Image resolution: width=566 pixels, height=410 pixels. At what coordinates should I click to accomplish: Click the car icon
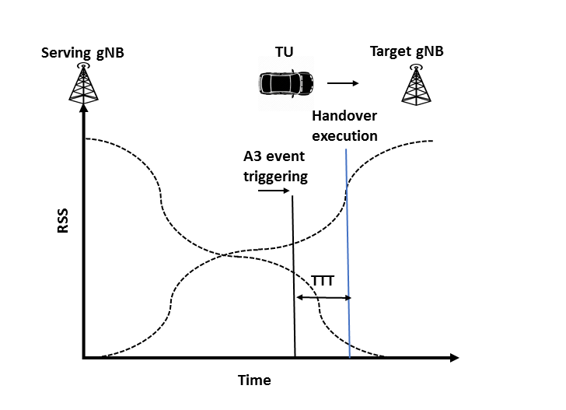click(x=286, y=82)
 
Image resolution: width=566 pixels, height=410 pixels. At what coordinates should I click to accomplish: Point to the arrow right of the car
click(x=342, y=82)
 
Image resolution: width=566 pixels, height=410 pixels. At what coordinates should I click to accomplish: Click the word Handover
click(x=344, y=116)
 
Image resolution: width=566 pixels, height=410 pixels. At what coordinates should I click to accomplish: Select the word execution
click(x=344, y=135)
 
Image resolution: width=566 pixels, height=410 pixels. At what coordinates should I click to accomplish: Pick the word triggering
click(x=275, y=177)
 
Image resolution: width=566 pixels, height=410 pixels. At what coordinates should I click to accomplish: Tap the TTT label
click(x=322, y=281)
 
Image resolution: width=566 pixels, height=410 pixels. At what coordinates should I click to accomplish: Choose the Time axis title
click(x=254, y=380)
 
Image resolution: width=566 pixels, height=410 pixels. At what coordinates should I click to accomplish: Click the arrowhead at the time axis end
click(x=454, y=358)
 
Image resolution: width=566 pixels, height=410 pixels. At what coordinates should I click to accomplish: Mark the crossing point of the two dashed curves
click(x=225, y=254)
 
